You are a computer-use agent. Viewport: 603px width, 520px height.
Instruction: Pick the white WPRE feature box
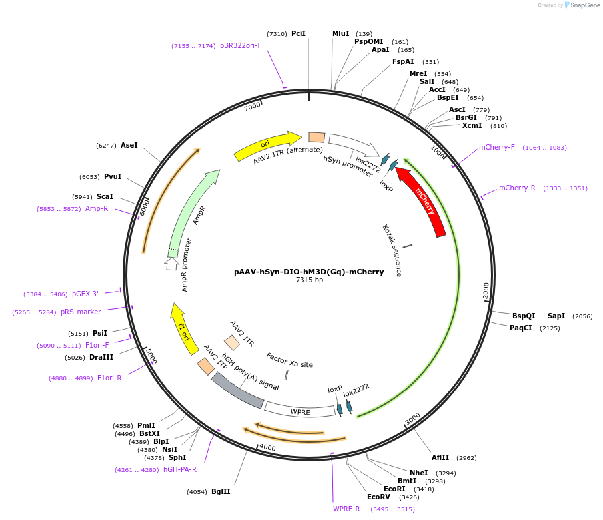300,409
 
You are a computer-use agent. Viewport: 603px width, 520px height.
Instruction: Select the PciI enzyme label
299,33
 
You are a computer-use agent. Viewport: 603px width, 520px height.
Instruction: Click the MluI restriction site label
340,33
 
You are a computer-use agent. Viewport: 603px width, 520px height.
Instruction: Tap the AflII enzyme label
440,457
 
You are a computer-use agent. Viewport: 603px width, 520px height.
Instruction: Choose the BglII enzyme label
221,491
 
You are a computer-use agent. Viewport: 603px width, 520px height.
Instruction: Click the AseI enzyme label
129,145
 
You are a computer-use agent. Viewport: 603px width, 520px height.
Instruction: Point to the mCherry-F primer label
497,147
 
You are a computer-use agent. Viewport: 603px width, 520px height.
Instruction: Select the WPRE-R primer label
346,509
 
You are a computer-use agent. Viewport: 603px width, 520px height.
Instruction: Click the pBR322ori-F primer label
241,45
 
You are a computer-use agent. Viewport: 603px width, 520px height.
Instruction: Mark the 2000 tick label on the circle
486,290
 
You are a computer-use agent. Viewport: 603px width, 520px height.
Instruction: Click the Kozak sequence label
392,250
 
